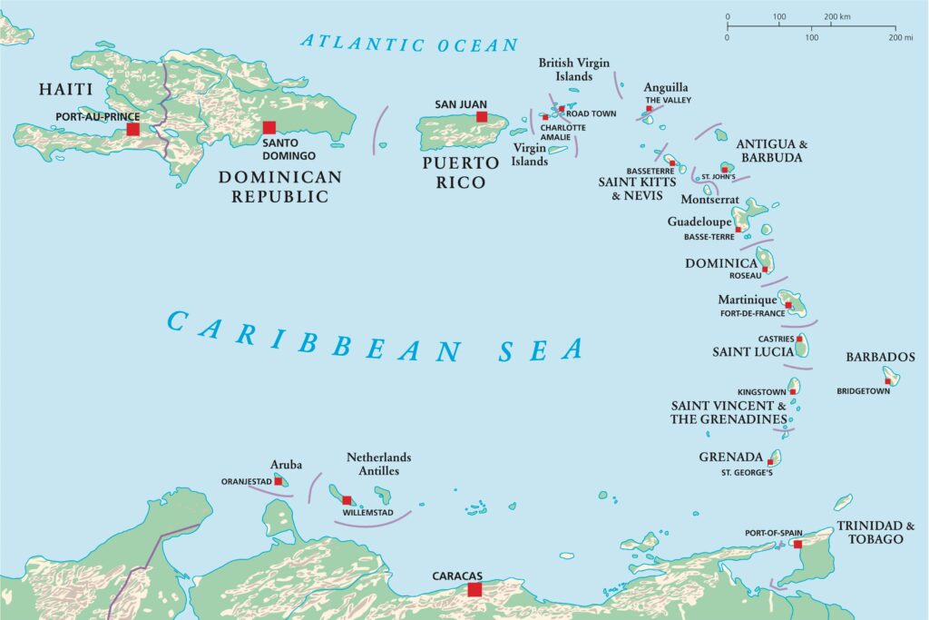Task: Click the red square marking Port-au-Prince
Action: (133, 129)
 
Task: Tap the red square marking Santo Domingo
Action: (269, 128)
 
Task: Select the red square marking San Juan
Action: (482, 116)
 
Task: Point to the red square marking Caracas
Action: (474, 589)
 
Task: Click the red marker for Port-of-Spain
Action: (797, 544)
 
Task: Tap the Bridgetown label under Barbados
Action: (863, 391)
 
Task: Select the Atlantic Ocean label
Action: (409, 43)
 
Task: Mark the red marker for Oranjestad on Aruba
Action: (279, 481)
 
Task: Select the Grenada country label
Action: (730, 457)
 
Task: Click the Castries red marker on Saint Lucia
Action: (799, 339)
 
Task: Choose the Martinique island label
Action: (748, 300)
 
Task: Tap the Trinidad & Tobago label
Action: (870, 532)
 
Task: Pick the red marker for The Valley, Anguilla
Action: (649, 109)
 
